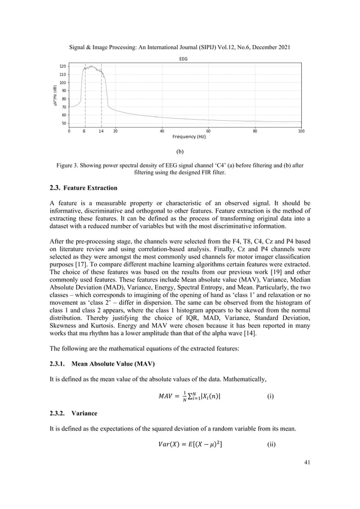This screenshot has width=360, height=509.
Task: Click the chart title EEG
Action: (183, 58)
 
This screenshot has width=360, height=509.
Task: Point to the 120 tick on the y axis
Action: (62, 66)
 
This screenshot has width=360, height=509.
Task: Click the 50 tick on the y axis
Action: (63, 123)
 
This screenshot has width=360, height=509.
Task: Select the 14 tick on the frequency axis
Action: (101, 131)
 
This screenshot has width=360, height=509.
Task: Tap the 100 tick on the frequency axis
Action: (301, 131)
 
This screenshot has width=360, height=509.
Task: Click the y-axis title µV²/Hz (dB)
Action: (54, 94)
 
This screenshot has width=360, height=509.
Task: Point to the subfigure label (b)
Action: (180, 152)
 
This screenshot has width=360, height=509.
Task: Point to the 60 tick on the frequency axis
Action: (208, 131)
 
